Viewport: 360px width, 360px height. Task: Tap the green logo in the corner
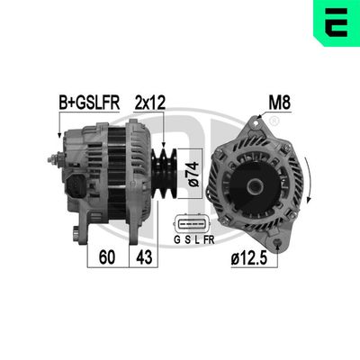(x=336, y=23)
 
